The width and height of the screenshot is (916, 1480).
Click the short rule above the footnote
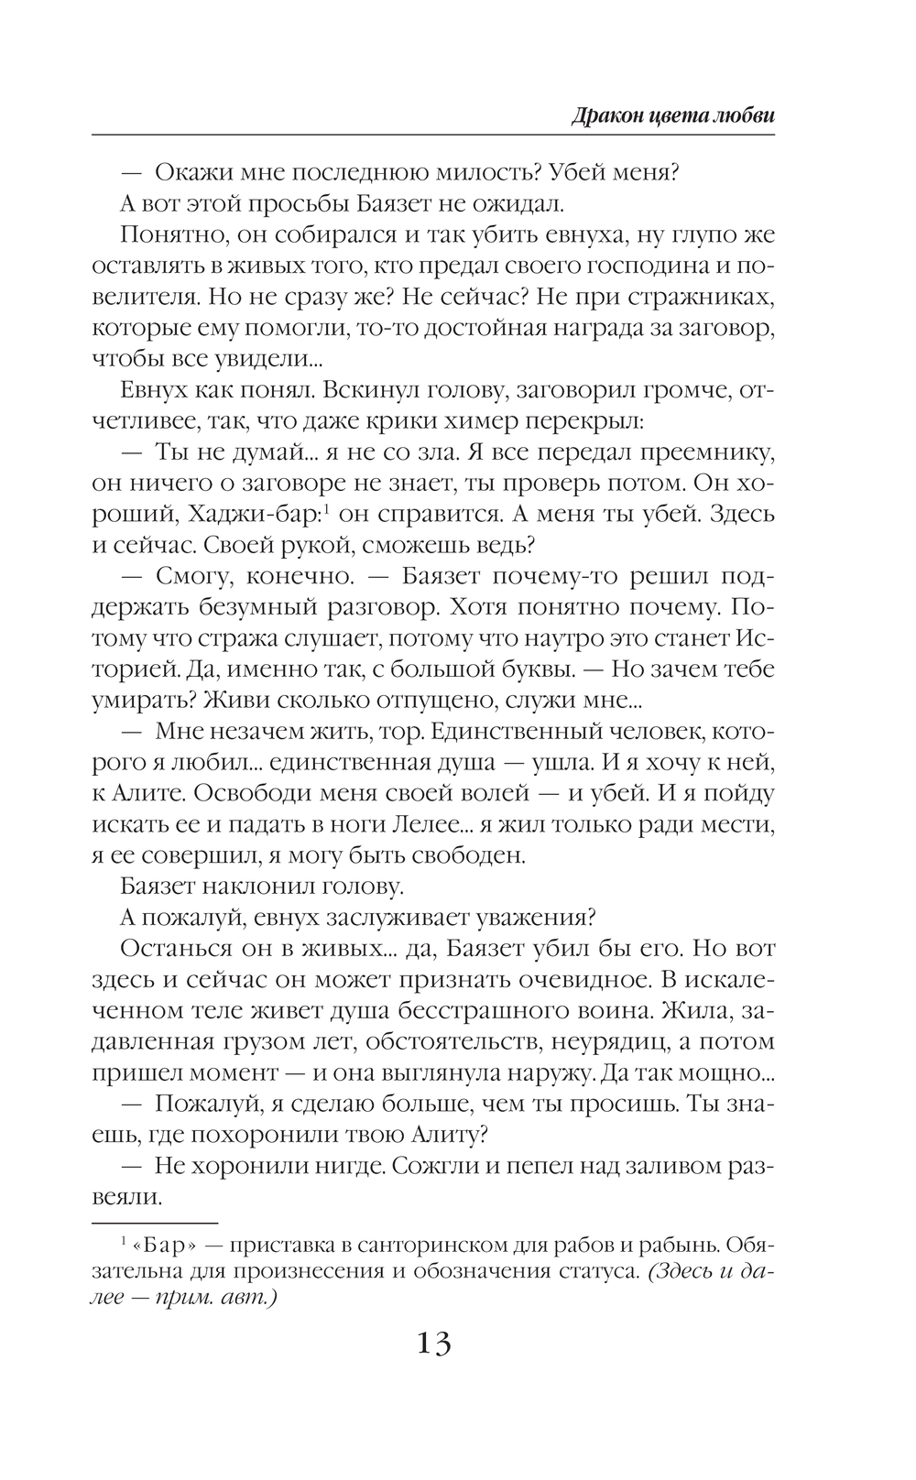(155, 1223)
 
